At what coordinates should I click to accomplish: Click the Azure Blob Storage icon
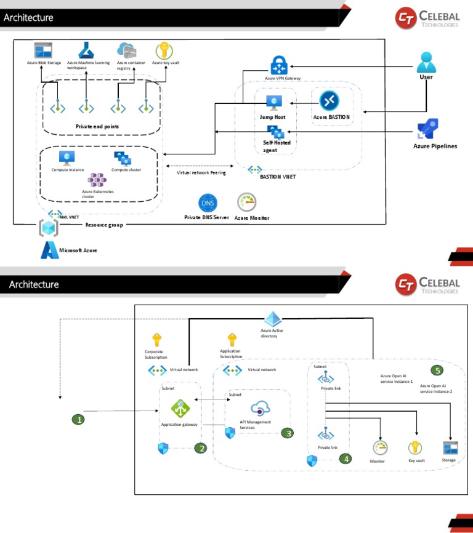[42, 50]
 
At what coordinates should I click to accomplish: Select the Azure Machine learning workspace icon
[86, 50]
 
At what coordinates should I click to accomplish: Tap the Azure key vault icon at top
[164, 50]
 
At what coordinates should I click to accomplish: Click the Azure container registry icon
[126, 50]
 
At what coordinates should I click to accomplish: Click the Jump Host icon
[273, 103]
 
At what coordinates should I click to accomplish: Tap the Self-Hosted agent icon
[274, 131]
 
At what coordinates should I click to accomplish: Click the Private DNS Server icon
[208, 202]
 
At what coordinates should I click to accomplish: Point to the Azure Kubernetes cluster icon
[97, 180]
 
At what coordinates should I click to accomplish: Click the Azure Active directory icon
[273, 319]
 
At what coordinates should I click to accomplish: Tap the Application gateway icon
[180, 409]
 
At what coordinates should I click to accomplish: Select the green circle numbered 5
[437, 370]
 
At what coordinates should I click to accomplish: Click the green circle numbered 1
[78, 420]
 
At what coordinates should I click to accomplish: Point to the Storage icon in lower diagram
[449, 447]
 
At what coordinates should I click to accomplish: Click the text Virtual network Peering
[201, 173]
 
